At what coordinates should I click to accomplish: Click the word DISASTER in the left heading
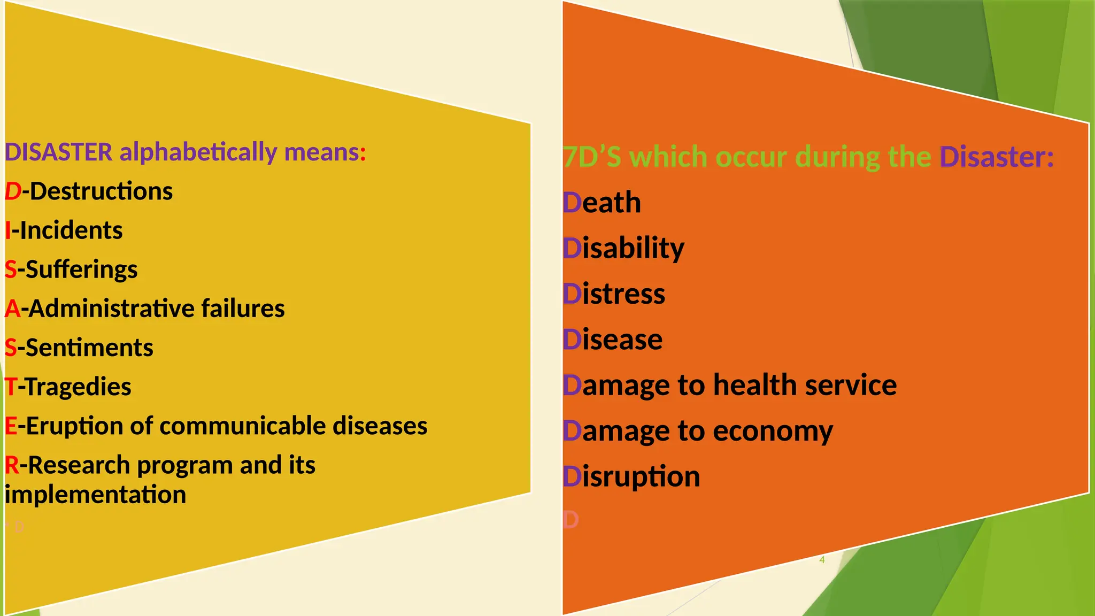click(x=58, y=152)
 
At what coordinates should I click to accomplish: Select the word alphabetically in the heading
click(x=198, y=152)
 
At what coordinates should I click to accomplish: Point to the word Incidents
click(x=71, y=230)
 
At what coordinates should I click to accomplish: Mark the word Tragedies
click(x=78, y=387)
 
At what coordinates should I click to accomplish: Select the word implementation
click(x=96, y=495)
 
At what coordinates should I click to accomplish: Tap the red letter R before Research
click(x=12, y=465)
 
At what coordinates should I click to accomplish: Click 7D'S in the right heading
click(x=592, y=157)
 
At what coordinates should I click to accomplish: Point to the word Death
click(x=602, y=203)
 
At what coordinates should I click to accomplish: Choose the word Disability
click(x=623, y=249)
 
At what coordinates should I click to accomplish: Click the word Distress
click(x=614, y=294)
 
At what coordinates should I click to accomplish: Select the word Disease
click(x=613, y=340)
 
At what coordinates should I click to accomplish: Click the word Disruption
click(x=631, y=476)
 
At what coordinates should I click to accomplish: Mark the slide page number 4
click(x=822, y=560)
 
